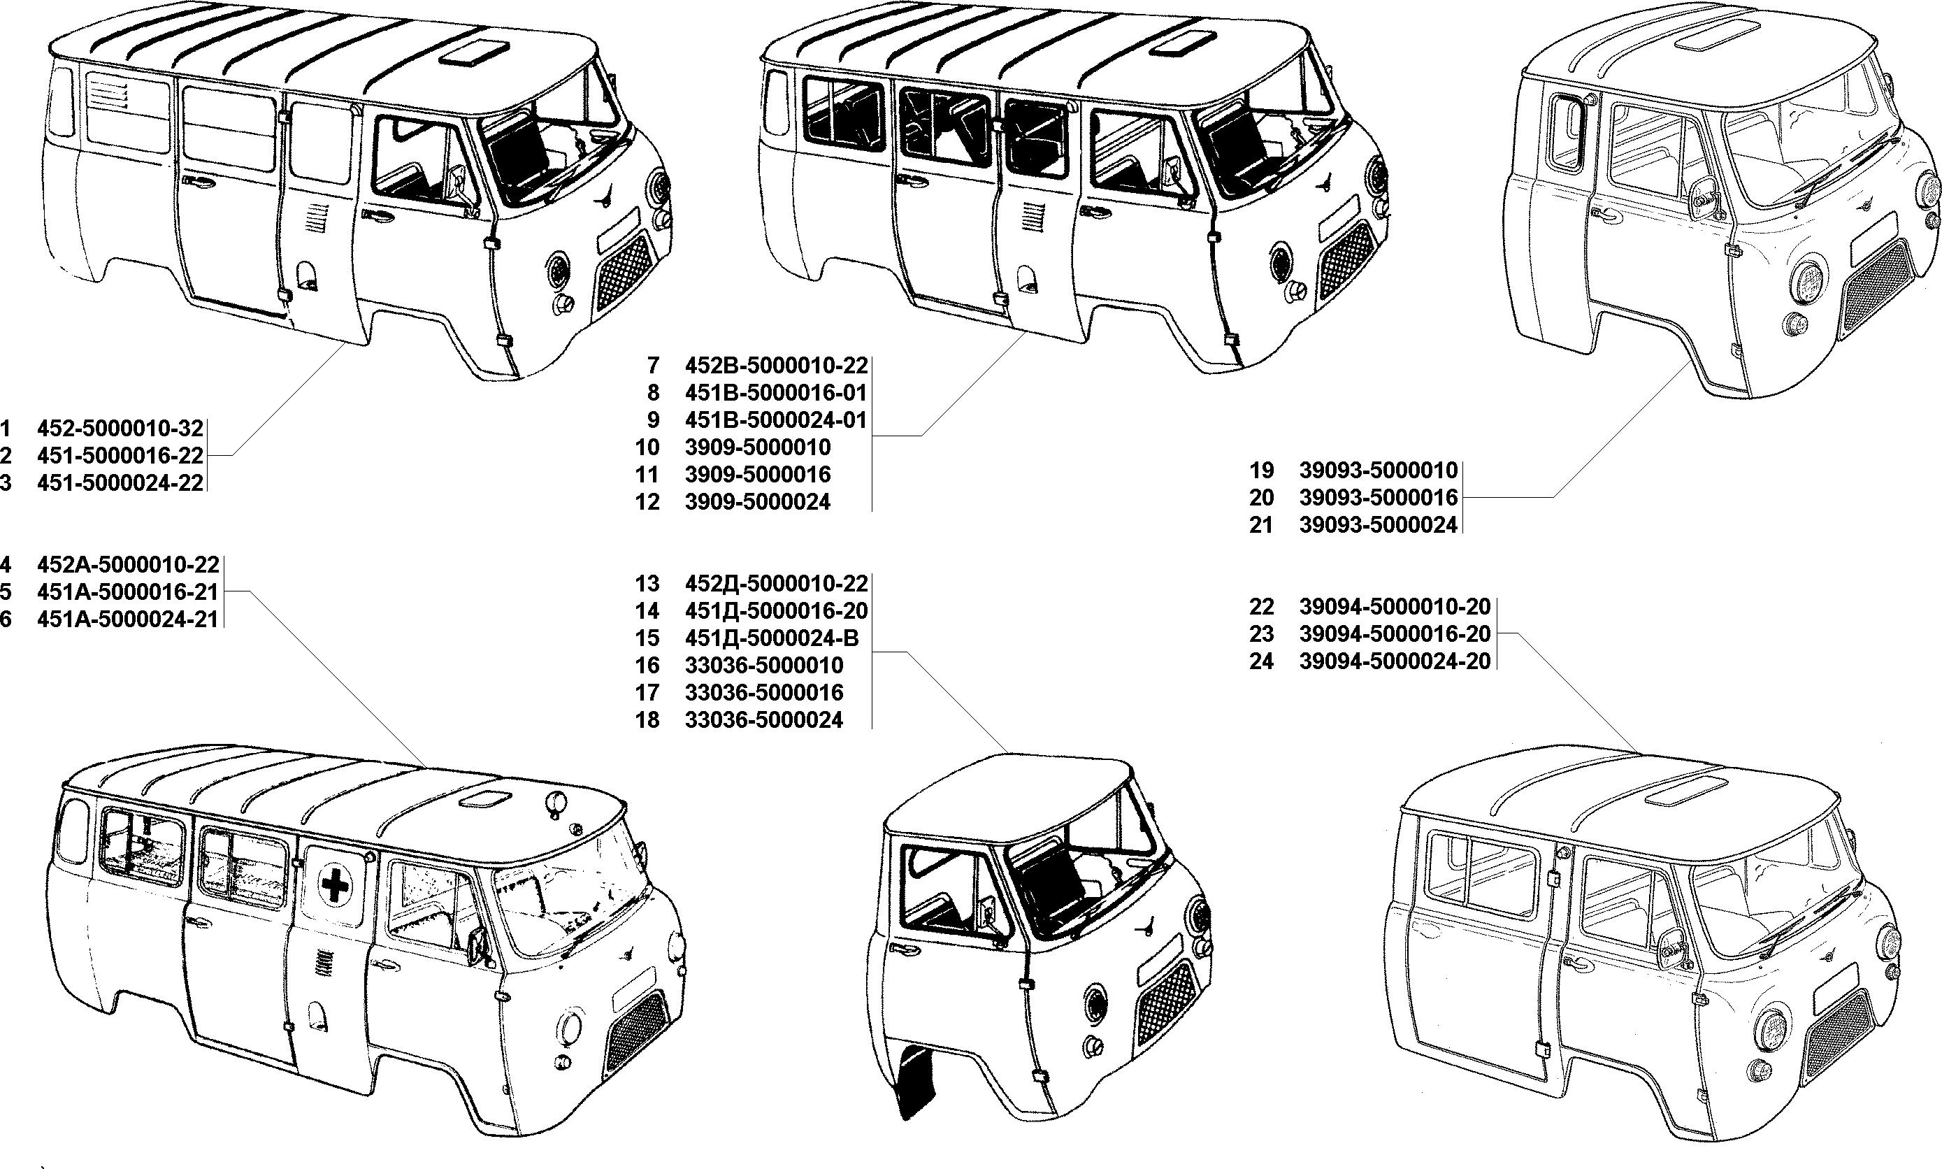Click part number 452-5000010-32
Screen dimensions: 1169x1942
[x=120, y=429]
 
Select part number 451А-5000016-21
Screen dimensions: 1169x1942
[x=127, y=591]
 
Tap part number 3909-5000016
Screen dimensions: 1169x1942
[x=758, y=474]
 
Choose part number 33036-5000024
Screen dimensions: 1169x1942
[x=764, y=719]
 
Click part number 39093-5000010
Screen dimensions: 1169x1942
[x=1378, y=471]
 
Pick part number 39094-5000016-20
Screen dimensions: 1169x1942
[x=1395, y=633]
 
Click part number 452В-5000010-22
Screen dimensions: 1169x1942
[x=776, y=366]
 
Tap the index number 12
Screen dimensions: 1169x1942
[x=647, y=502]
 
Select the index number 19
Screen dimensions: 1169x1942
[x=1262, y=471]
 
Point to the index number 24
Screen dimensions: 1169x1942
[x=1262, y=661]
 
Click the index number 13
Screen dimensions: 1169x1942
[x=647, y=584]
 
